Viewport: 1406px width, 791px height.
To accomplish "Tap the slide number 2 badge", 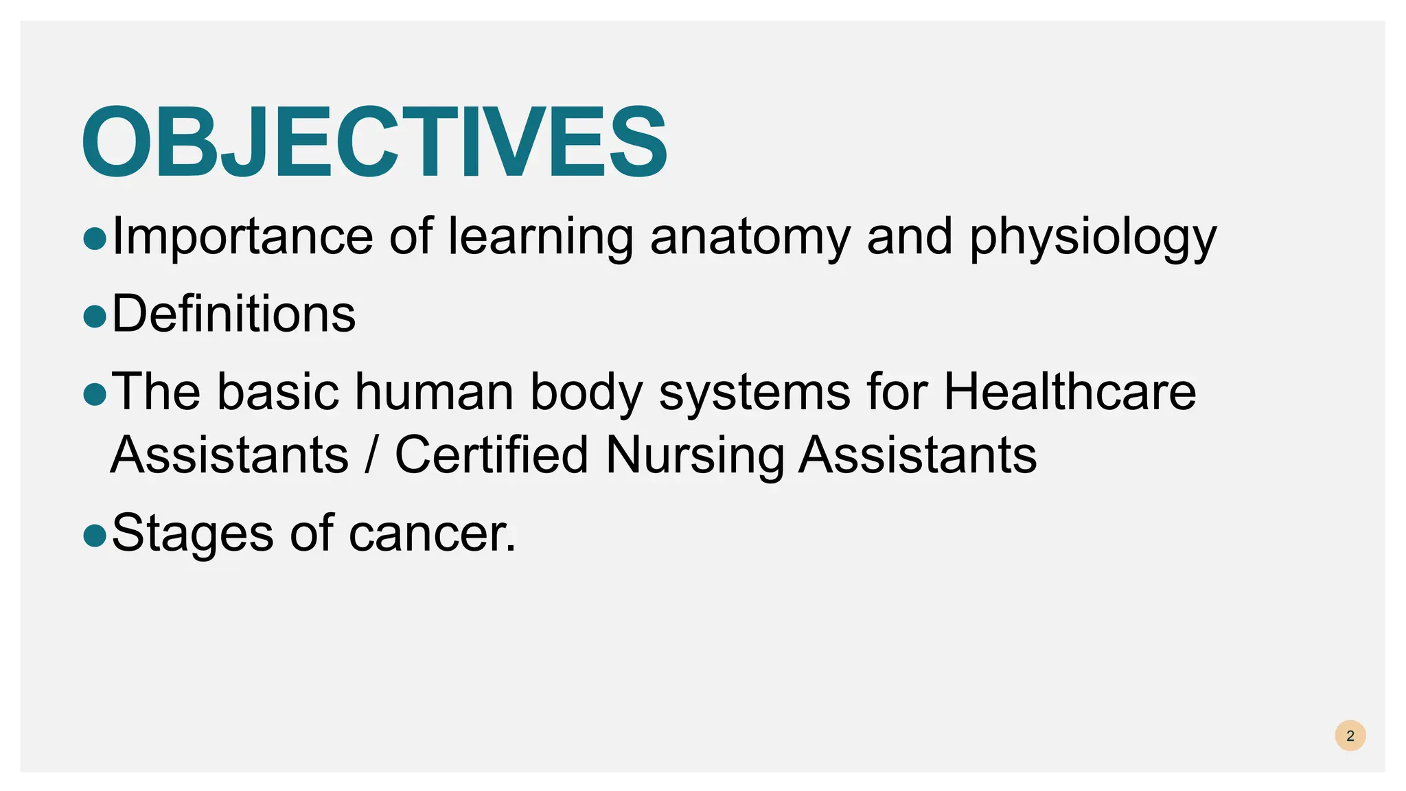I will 1350,736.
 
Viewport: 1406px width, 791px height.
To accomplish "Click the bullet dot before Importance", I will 95,239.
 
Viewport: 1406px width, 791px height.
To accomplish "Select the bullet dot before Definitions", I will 95,317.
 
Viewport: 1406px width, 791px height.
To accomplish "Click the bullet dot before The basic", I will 95,394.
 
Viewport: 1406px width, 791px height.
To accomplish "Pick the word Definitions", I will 233,314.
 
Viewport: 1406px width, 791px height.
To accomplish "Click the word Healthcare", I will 1070,391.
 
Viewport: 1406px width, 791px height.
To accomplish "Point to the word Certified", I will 492,455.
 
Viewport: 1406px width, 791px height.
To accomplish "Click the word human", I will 434,391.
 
